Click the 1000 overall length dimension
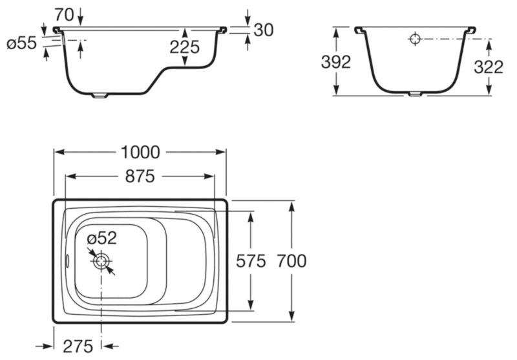pos(140,153)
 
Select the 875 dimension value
pos(140,176)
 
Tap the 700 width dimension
pos(292,261)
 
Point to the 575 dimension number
pos(251,261)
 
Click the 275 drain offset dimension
pos(78,346)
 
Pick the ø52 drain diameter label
pos(102,238)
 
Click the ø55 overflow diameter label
pos(22,43)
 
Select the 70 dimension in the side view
pos(64,15)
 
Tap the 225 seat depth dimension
pos(185,47)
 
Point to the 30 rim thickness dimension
pos(264,30)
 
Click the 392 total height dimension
pos(336,62)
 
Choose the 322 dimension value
pos(489,67)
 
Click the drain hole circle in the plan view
pos(101,261)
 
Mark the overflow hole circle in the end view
pos(415,39)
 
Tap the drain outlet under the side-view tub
pos(100,96)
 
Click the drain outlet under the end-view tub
pos(415,94)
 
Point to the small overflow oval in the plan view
pos(67,261)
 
